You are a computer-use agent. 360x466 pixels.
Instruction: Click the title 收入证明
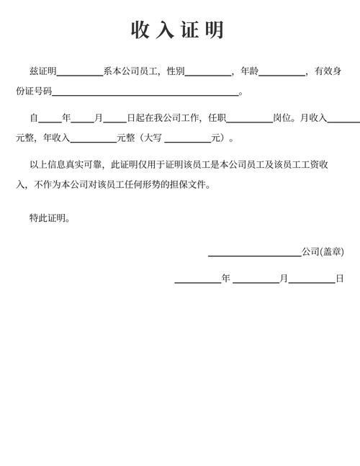[x=178, y=30]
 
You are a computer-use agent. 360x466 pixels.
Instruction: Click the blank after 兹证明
[x=80, y=72]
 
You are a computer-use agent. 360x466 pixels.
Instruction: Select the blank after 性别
[x=207, y=72]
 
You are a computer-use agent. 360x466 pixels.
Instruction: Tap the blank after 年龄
[x=282, y=72]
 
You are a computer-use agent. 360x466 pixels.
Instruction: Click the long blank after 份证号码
[x=145, y=92]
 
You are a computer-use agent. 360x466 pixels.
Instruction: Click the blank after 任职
[x=249, y=118]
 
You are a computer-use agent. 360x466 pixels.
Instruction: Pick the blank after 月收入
[x=344, y=118]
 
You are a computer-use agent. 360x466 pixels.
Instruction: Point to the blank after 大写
[x=187, y=138]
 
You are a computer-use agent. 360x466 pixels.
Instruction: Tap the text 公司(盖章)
[x=323, y=252]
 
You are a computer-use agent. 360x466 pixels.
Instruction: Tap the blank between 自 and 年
[x=50, y=118]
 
